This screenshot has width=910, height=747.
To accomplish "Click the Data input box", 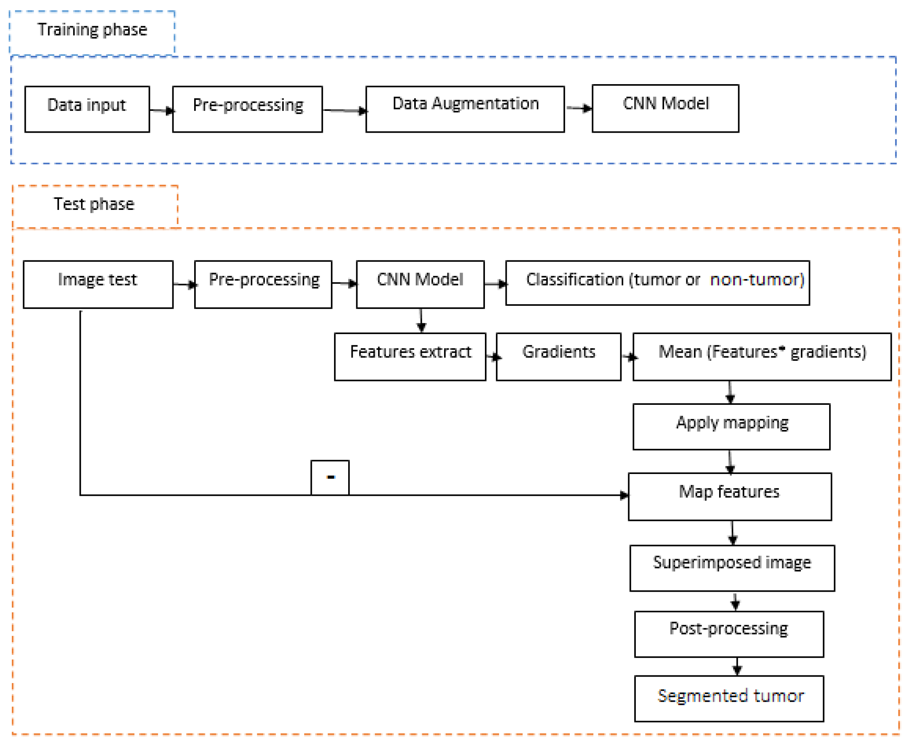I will pyautogui.click(x=87, y=109).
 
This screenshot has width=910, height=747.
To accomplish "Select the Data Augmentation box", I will pyautogui.click(x=465, y=109).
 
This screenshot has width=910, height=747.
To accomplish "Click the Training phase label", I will pyautogui.click(x=92, y=30).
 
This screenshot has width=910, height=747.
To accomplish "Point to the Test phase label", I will pyautogui.click(x=94, y=204).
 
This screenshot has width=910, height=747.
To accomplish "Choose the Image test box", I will pyautogui.click(x=98, y=284).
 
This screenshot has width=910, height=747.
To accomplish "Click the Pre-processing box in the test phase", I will pyautogui.click(x=263, y=284).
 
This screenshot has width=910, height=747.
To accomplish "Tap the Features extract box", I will pyautogui.click(x=410, y=356).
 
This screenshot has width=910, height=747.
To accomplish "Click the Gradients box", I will pyautogui.click(x=558, y=356).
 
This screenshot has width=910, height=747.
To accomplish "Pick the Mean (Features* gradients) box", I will pyautogui.click(x=762, y=356).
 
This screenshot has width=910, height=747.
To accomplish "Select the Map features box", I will pyautogui.click(x=729, y=497).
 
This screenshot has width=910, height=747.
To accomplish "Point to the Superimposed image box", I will pyautogui.click(x=732, y=568).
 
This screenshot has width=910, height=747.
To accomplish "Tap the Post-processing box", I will pyautogui.click(x=729, y=634).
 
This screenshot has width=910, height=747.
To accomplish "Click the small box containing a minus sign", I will pyautogui.click(x=330, y=477).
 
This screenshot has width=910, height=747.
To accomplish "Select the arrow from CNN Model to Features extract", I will pyautogui.click(x=421, y=321).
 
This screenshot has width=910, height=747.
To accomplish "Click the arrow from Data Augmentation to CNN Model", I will pyautogui.click(x=578, y=108).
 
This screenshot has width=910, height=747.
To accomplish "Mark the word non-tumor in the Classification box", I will pyautogui.click(x=756, y=280).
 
